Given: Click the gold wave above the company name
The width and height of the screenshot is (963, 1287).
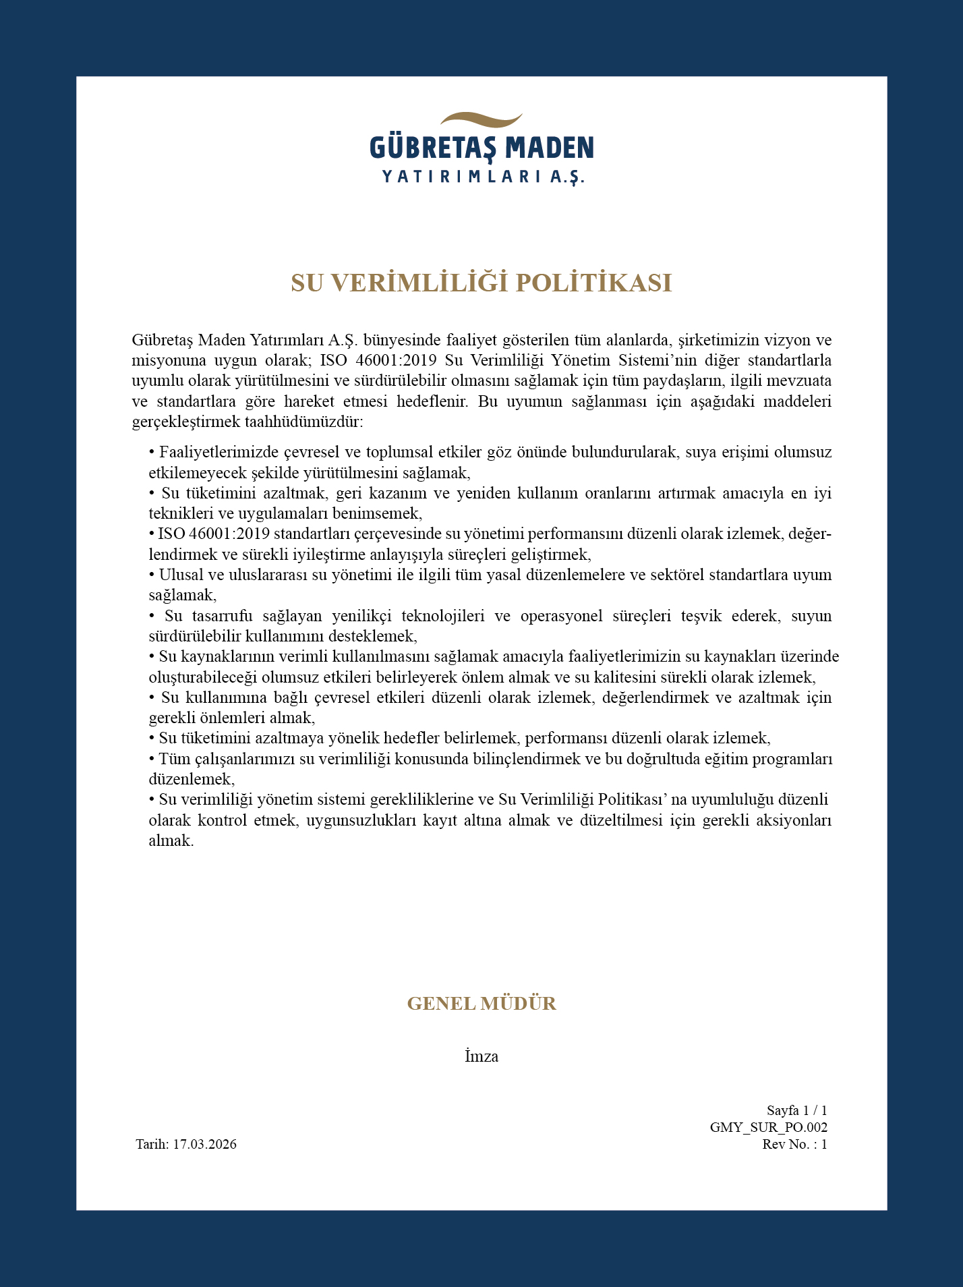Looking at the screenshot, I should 482,121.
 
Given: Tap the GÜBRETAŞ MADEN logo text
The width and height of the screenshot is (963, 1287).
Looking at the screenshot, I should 482,148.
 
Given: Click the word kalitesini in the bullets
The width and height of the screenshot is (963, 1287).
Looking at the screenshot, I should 699,677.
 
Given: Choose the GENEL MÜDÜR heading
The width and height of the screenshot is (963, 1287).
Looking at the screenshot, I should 482,1004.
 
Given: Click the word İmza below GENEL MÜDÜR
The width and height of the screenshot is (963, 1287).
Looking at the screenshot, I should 482,1057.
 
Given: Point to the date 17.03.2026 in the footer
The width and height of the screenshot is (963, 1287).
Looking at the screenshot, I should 204,1145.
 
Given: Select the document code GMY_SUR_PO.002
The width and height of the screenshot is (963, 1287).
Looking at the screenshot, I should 768,1127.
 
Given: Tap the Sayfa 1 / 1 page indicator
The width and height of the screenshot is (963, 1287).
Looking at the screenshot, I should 796,1110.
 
